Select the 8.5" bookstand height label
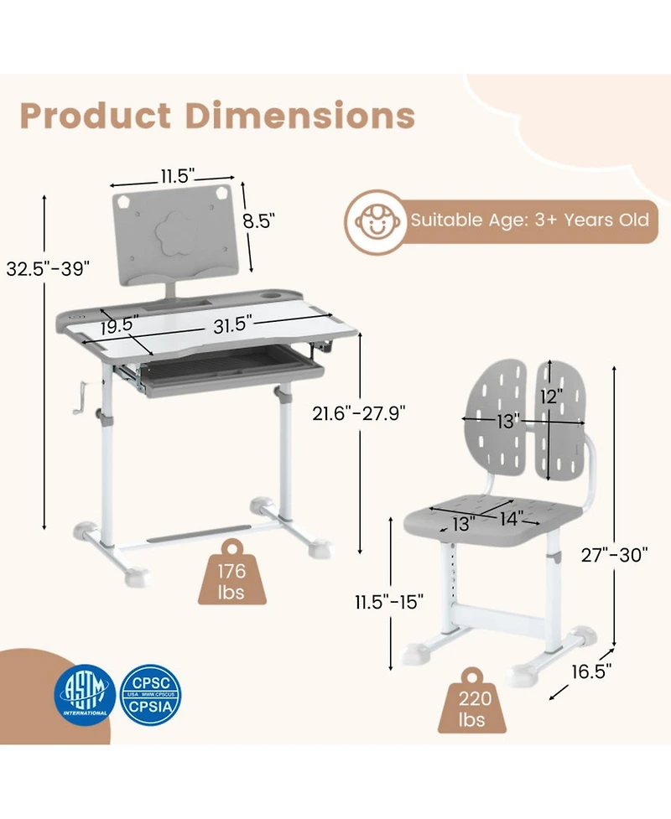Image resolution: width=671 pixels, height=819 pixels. tap(259, 221)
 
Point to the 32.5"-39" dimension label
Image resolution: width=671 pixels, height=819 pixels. tap(47, 268)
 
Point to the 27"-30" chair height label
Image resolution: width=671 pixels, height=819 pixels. tap(616, 554)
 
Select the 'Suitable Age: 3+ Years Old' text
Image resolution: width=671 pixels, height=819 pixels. tap(528, 220)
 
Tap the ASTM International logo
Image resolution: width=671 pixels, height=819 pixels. tap(86, 693)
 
